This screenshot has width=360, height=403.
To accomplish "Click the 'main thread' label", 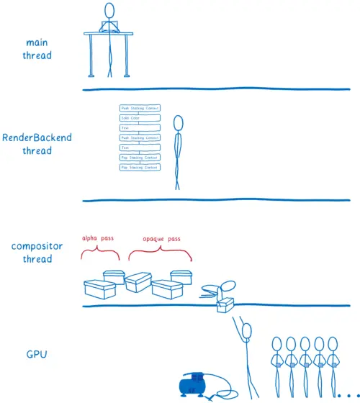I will (36, 49).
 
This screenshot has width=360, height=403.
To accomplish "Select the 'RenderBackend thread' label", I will (37, 144).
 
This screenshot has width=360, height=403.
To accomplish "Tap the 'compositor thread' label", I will (37, 253).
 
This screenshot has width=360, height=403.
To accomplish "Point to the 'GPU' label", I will (37, 354).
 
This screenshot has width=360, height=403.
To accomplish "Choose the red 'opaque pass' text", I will (160, 238).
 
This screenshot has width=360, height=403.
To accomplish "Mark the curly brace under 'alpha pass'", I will (99, 253).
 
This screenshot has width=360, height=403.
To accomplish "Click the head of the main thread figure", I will (109, 10).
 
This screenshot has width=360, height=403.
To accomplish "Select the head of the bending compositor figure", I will (229, 285).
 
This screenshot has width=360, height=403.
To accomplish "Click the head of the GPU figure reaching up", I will (247, 330).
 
